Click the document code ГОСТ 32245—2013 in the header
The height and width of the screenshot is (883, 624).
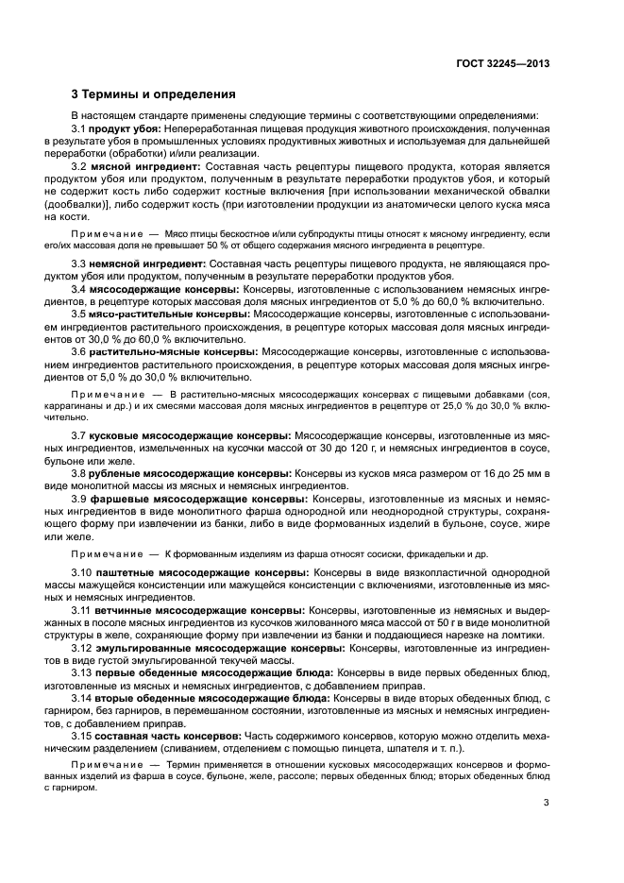(503, 63)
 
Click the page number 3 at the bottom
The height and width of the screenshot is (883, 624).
(547, 804)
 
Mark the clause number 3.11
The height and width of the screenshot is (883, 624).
(82, 610)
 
